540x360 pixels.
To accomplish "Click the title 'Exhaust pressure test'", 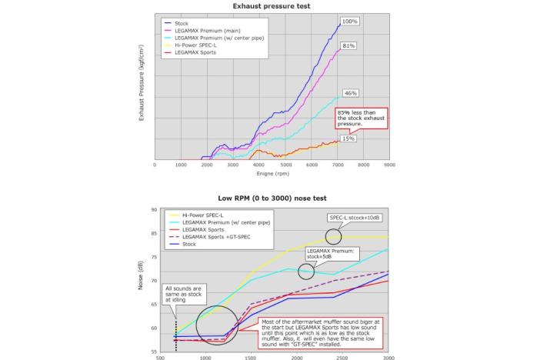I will click(272, 6).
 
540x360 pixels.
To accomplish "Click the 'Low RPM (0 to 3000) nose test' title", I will click(272, 198).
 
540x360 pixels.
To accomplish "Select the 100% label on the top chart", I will click(349, 22).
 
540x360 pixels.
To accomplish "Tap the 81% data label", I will click(348, 46).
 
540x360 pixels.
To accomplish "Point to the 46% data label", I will click(351, 93).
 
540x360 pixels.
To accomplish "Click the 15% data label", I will click(348, 139).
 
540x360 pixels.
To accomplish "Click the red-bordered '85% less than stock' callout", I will click(360, 118).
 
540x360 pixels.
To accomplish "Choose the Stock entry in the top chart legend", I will click(182, 23).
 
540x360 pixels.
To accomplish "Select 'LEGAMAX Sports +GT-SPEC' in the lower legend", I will click(212, 236).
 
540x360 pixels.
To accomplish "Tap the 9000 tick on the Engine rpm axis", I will click(389, 165).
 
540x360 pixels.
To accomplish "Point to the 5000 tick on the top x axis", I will click(285, 165).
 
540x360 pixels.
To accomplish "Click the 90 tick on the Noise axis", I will click(154, 209).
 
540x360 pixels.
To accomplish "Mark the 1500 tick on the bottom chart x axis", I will click(251, 357).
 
